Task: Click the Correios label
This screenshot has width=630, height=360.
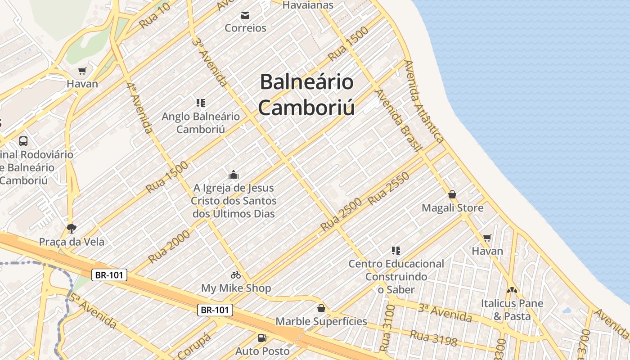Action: pyautogui.click(x=245, y=28)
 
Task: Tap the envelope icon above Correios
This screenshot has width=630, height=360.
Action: pyautogui.click(x=245, y=16)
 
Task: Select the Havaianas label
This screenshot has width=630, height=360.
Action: pyautogui.click(x=308, y=5)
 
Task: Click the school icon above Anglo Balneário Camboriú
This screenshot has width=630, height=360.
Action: pyautogui.click(x=201, y=103)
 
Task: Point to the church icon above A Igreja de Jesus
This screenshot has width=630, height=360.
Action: pyautogui.click(x=234, y=175)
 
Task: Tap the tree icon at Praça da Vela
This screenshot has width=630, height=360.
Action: pyautogui.click(x=71, y=229)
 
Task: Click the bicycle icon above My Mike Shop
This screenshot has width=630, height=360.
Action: pyautogui.click(x=236, y=275)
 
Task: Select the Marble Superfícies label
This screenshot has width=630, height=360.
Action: pyautogui.click(x=321, y=321)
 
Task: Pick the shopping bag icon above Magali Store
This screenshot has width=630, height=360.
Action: pyautogui.click(x=452, y=195)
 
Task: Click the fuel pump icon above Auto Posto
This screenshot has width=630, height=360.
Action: pyautogui.click(x=262, y=337)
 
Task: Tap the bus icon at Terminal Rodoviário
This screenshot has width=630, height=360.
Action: pyautogui.click(x=23, y=141)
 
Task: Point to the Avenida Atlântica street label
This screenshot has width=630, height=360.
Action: pyautogui.click(x=424, y=101)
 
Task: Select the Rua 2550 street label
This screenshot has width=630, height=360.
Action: pyautogui.click(x=389, y=189)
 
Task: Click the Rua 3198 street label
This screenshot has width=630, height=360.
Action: pyautogui.click(x=433, y=338)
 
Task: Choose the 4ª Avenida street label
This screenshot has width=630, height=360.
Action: pyautogui.click(x=139, y=108)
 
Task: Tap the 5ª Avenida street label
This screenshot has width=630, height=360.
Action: pyautogui.click(x=93, y=310)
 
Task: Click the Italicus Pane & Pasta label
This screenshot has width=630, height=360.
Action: pyautogui.click(x=512, y=310)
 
